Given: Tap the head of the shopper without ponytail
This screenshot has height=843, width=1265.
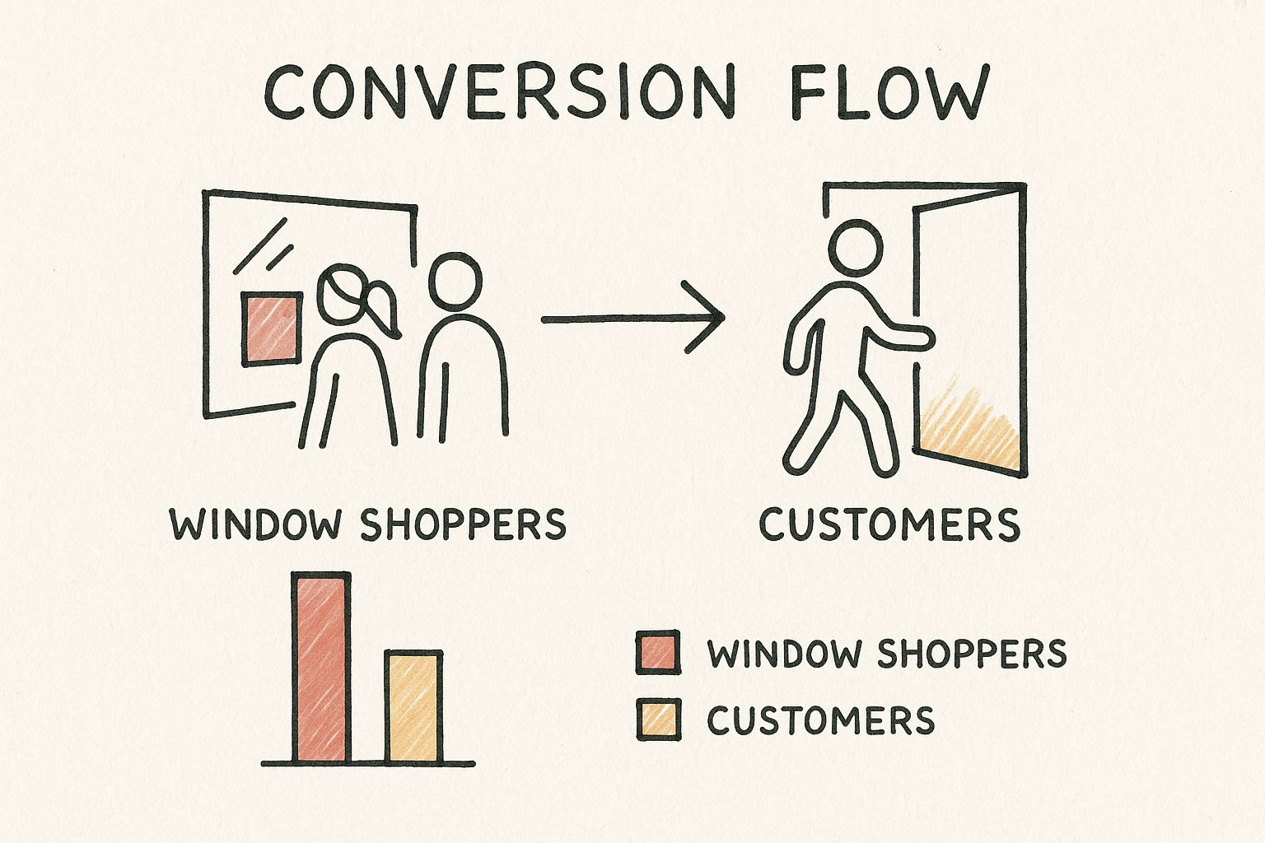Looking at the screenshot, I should click(454, 282).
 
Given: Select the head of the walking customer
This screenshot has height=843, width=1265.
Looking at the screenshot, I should click(854, 250).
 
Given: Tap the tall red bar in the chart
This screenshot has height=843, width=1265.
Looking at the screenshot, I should click(320, 667).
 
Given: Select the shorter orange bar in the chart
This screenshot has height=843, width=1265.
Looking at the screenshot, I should click(413, 706).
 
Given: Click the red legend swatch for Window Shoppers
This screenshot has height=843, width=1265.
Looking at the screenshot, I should click(658, 653).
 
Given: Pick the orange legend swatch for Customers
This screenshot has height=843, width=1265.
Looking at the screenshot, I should click(658, 719).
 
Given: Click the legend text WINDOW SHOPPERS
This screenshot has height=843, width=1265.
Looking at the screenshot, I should click(887, 654).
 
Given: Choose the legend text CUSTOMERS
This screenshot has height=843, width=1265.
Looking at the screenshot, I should click(821, 720).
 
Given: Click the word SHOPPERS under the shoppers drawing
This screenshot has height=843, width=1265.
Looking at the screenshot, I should click(464, 524).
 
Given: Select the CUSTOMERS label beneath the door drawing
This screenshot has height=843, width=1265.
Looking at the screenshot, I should click(889, 524).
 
